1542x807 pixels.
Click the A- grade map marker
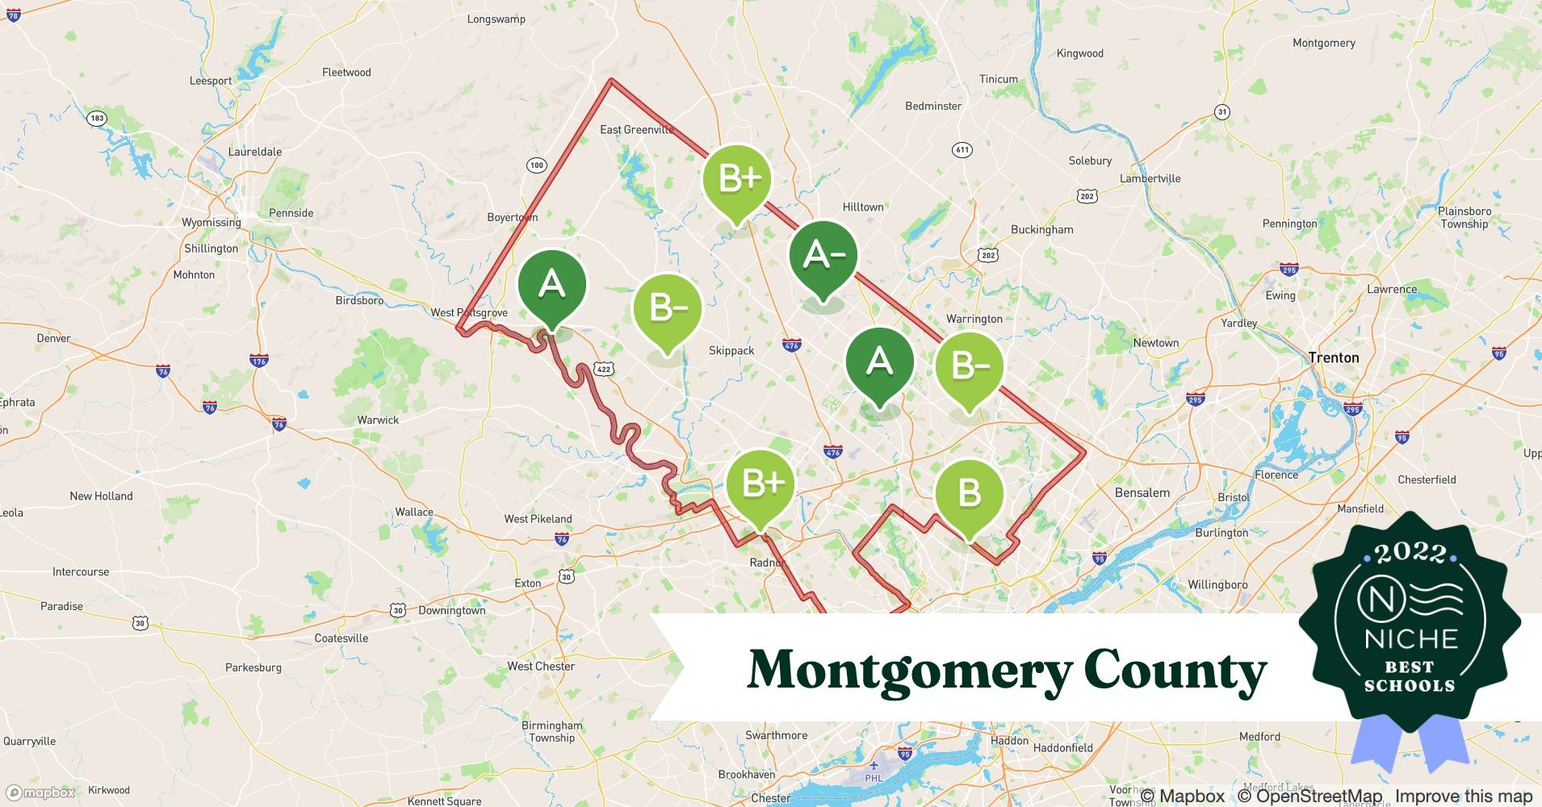(x=823, y=256)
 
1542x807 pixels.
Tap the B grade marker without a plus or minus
(x=969, y=493)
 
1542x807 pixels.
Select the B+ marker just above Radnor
(x=760, y=483)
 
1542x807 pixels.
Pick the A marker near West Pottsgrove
(x=551, y=284)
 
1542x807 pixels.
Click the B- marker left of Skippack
(x=667, y=307)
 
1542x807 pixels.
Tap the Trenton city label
(x=1333, y=358)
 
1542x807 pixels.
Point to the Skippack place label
(x=731, y=350)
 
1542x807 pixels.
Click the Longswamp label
(x=496, y=19)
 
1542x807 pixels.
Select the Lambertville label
(x=1150, y=178)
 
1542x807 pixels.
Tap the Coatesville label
(x=342, y=638)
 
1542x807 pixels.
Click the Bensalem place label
(x=1142, y=492)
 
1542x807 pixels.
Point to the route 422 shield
(x=604, y=369)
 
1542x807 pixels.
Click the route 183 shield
(x=97, y=118)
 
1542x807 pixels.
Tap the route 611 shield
(x=962, y=149)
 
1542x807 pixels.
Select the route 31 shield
(x=1222, y=111)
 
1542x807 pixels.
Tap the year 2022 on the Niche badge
(x=1410, y=553)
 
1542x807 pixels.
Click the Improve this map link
(x=1463, y=796)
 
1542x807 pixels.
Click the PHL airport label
(x=874, y=778)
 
